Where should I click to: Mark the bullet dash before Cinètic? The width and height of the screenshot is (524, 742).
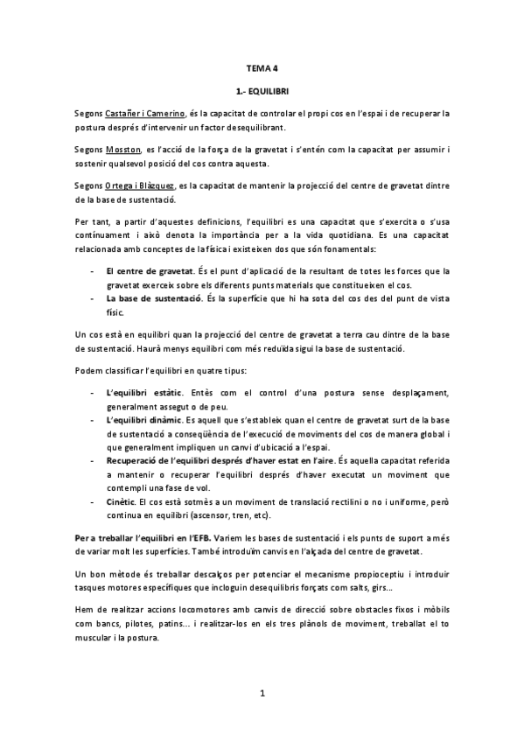click(x=93, y=502)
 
